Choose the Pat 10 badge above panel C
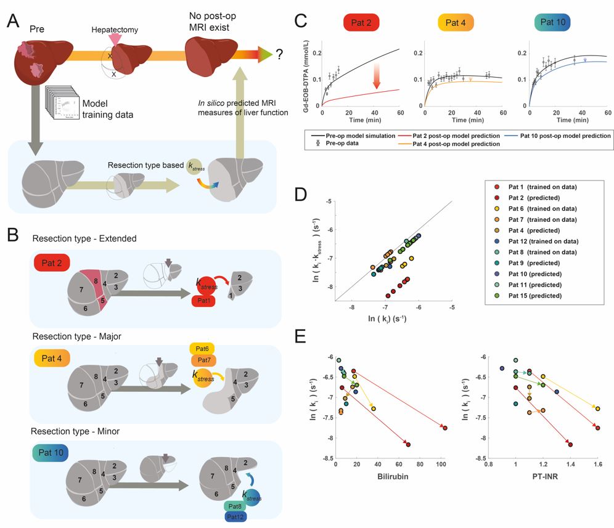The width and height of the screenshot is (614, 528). pos(552,23)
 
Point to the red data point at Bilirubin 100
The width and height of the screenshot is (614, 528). pos(444,428)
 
